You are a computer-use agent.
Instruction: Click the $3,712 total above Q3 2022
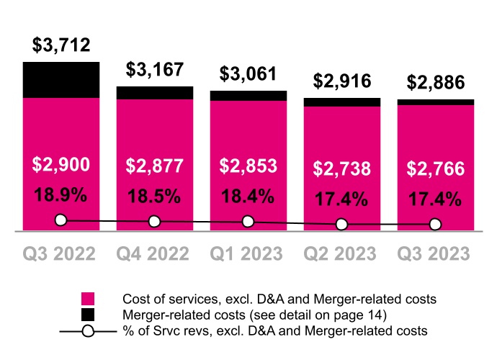coord(61,45)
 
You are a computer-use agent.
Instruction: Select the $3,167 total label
coord(155,70)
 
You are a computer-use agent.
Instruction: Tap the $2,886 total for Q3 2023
coord(436,82)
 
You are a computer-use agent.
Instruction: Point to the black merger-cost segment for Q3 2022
coord(61,80)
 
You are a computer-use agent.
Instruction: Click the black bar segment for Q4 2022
coord(155,93)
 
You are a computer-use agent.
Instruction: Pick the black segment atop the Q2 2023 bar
coord(342,102)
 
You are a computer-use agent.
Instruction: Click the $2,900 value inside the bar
coord(61,165)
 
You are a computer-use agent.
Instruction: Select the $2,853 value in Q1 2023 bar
coord(248,166)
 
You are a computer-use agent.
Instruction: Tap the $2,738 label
coord(342,168)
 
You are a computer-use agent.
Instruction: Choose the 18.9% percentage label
coord(61,195)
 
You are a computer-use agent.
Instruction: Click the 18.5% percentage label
coord(155,195)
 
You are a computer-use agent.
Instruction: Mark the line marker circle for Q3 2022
coord(61,220)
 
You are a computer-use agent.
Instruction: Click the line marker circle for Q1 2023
coord(248,222)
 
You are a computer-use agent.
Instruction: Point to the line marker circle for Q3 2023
coord(436,225)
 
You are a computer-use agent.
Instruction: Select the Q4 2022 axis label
coord(155,254)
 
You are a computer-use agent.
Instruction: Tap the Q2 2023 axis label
coord(342,254)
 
